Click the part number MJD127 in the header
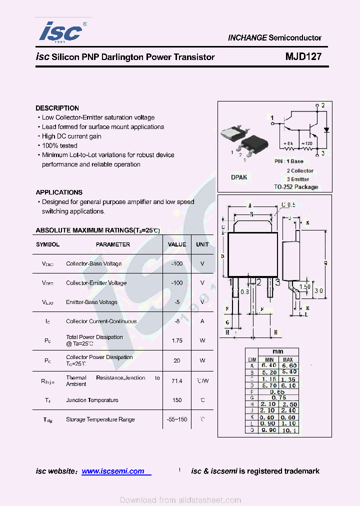(303, 57)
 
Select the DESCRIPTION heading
(57, 108)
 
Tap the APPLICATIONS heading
(59, 192)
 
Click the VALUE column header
(177, 244)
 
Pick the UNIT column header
(202, 244)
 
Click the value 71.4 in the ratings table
(177, 381)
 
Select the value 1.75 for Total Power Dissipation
(177, 340)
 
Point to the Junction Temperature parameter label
(92, 400)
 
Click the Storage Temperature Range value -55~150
(177, 419)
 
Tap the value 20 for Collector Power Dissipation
(177, 360)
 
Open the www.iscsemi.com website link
(113, 471)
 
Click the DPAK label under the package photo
(239, 177)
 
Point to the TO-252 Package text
(296, 187)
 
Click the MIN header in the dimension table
(269, 359)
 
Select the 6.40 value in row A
(269, 366)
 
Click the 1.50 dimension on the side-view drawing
(304, 287)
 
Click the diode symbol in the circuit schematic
(326, 129)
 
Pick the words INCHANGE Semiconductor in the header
(274, 38)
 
